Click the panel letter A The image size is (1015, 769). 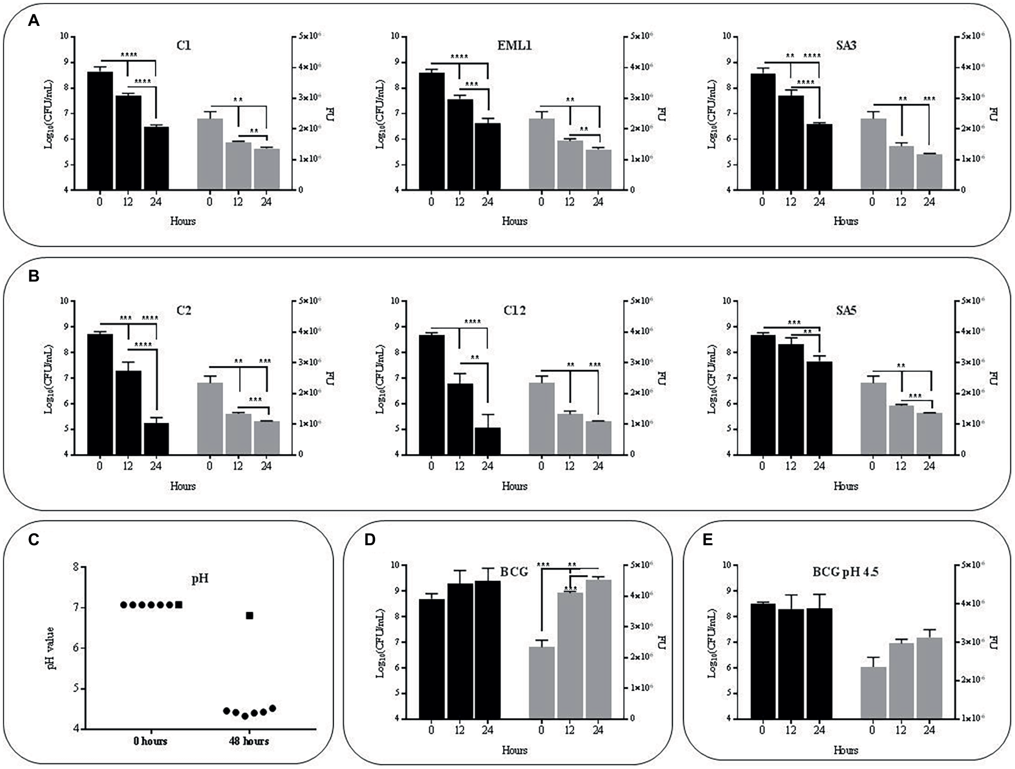coord(33,21)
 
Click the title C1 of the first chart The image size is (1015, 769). coord(184,46)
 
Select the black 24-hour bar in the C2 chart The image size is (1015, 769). coord(156,439)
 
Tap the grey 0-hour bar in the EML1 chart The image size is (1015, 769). coord(541,154)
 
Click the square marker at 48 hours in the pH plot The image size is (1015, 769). coord(250,615)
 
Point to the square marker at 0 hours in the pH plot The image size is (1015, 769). coord(179,605)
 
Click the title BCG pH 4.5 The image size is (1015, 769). coord(845,572)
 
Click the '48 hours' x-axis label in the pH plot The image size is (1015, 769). coord(249,741)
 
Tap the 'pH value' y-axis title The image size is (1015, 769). coord(51,648)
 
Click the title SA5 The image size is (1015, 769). coord(846,310)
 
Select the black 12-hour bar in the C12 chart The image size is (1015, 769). coord(460,419)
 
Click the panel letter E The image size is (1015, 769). coord(707,540)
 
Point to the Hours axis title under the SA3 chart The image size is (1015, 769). coord(846,221)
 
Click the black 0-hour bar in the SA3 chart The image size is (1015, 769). coord(762,132)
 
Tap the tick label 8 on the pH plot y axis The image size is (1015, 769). coord(76,567)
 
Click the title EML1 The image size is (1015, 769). coord(514,46)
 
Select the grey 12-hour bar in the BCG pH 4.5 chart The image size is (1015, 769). coord(901,681)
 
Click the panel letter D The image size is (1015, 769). coord(370,540)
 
